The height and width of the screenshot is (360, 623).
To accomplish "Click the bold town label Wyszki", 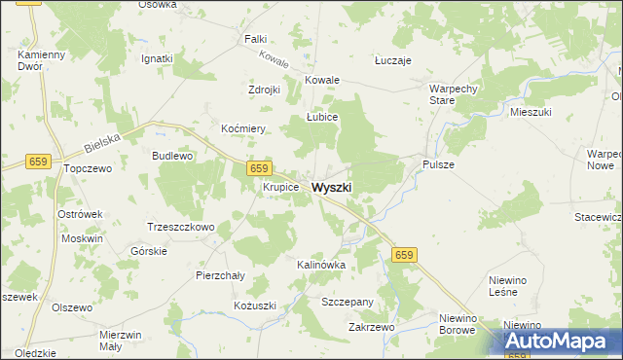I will coord(332,187).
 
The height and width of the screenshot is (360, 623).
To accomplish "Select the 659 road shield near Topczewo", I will coord(39,162).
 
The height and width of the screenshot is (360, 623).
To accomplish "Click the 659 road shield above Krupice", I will coord(258,168).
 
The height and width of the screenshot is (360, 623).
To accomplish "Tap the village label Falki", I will coord(256,39).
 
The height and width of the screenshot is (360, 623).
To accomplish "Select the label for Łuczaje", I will coord(393,60).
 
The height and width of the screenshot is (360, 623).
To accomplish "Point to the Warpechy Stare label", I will coord(451,94).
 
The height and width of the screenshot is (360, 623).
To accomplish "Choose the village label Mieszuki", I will coord(531,113).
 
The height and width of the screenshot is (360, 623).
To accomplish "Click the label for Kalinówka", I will coord(321,265).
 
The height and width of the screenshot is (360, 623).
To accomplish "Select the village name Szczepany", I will coord(348,303).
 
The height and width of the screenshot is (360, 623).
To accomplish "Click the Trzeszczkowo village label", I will coord(180,227).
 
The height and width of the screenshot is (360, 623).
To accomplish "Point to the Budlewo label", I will coord(172,156).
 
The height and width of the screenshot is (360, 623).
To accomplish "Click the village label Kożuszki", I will coord(255,306).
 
